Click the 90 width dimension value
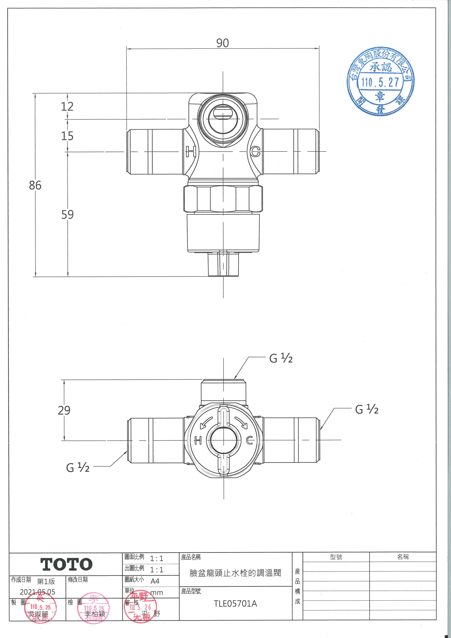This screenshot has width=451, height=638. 222,43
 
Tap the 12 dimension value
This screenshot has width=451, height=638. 67,106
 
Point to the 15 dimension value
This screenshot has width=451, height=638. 67,136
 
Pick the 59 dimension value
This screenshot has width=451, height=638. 67,215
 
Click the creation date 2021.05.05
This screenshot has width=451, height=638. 38,592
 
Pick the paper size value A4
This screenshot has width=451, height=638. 155,581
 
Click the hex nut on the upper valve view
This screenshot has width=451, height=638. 223,199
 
